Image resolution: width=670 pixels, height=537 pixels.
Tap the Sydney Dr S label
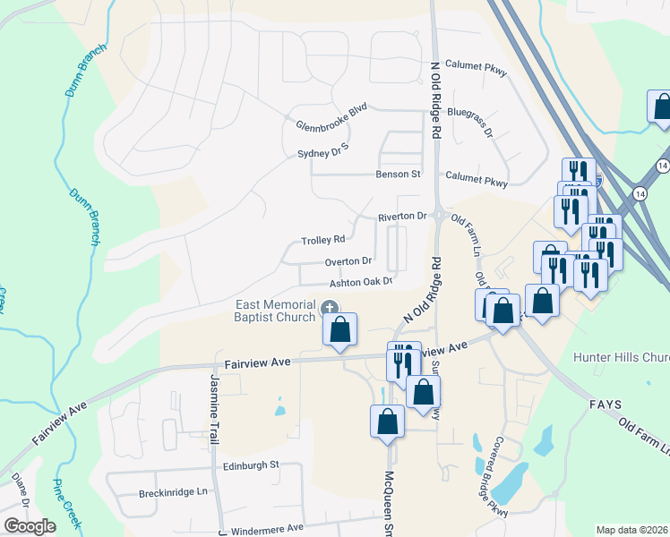322,154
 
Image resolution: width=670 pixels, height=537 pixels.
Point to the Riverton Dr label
401,217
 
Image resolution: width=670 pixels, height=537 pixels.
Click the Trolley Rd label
322,240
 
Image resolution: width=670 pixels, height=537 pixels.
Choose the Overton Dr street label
348,261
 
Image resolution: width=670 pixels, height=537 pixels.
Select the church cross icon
330,309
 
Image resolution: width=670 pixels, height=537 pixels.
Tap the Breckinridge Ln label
173,493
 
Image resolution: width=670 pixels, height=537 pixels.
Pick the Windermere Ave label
268,530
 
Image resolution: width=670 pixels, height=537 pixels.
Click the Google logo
30,526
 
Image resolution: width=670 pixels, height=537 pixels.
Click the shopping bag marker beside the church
340,330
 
